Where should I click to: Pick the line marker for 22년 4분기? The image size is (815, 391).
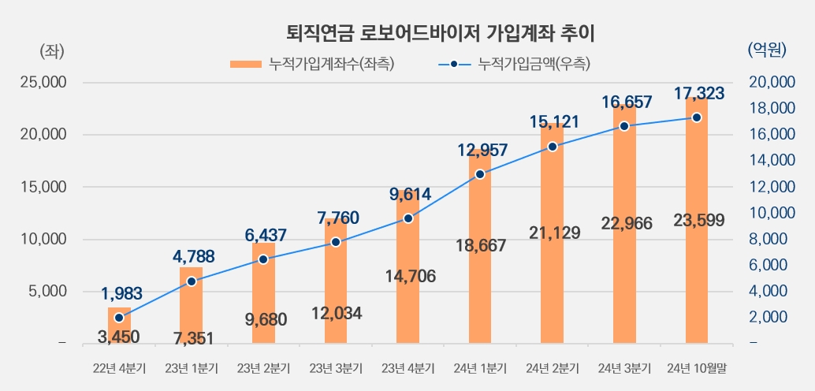119,318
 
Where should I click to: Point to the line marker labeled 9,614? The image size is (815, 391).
408,218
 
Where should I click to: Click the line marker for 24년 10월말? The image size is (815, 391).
697,117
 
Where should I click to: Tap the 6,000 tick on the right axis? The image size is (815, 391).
768,266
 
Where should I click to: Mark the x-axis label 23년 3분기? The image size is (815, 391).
336,368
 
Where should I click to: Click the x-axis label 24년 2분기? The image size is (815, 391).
553,368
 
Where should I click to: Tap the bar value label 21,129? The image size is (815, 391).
553,233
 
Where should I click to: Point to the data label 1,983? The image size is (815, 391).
121,294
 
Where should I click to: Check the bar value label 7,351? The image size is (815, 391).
192,339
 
